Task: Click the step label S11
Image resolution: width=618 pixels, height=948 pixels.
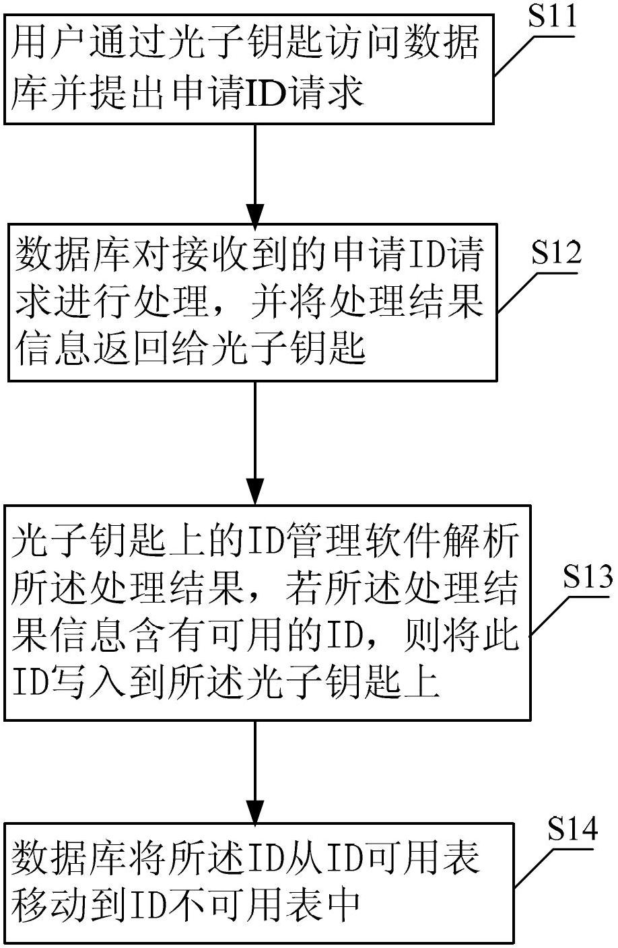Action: pyautogui.click(x=553, y=16)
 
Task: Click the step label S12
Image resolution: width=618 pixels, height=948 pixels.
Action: pyautogui.click(x=557, y=252)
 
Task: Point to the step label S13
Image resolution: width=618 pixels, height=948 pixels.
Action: pyautogui.click(x=588, y=576)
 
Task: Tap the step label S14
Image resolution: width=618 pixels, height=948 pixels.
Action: pyautogui.click(x=573, y=829)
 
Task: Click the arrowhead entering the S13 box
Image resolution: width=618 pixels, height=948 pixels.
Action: pyautogui.click(x=255, y=492)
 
